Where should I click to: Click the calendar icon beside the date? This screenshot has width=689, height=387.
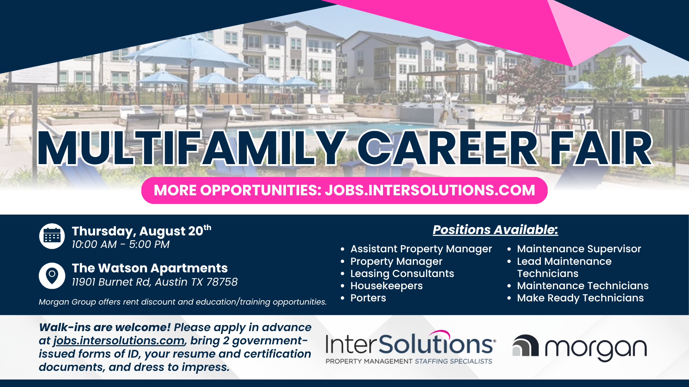[52, 236]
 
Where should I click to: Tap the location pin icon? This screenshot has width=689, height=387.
[52, 276]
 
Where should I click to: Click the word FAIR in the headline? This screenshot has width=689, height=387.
[601, 148]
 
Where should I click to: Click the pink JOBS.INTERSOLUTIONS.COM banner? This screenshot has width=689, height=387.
[344, 190]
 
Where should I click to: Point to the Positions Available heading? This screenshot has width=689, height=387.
[495, 230]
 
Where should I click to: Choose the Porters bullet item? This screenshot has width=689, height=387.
[368, 298]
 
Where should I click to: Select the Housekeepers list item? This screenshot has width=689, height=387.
[386, 286]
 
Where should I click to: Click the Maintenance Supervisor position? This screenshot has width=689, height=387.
[579, 249]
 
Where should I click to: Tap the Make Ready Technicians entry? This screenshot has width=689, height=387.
[580, 298]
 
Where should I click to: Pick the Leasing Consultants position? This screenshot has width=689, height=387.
[402, 274]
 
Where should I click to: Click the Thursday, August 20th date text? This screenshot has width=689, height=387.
[141, 231]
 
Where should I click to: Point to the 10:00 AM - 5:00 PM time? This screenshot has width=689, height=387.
[121, 245]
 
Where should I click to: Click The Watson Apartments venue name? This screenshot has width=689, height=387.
[150, 268]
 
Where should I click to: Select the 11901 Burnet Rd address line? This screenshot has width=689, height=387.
[155, 282]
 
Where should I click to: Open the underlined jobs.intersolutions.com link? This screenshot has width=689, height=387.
[119, 340]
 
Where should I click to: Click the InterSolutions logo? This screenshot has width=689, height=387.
[411, 347]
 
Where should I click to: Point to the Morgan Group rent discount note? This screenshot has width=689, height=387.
[183, 302]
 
